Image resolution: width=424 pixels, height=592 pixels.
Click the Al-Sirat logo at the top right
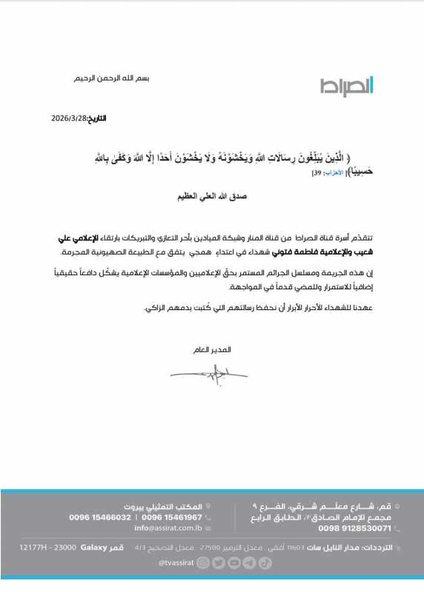tap(347, 86)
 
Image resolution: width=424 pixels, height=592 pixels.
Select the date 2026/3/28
tap(70, 118)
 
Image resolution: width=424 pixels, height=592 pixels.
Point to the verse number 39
tap(316, 172)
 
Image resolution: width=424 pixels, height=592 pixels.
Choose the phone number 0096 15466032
tap(100, 517)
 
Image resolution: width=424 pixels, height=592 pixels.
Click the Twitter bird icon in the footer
tap(219, 562)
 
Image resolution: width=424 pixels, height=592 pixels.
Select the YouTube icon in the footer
tap(234, 562)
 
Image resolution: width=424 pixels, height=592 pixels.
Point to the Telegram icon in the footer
tap(250, 562)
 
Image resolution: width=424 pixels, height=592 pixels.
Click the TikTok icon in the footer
tap(265, 562)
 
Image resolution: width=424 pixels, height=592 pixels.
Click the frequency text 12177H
tap(33, 546)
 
